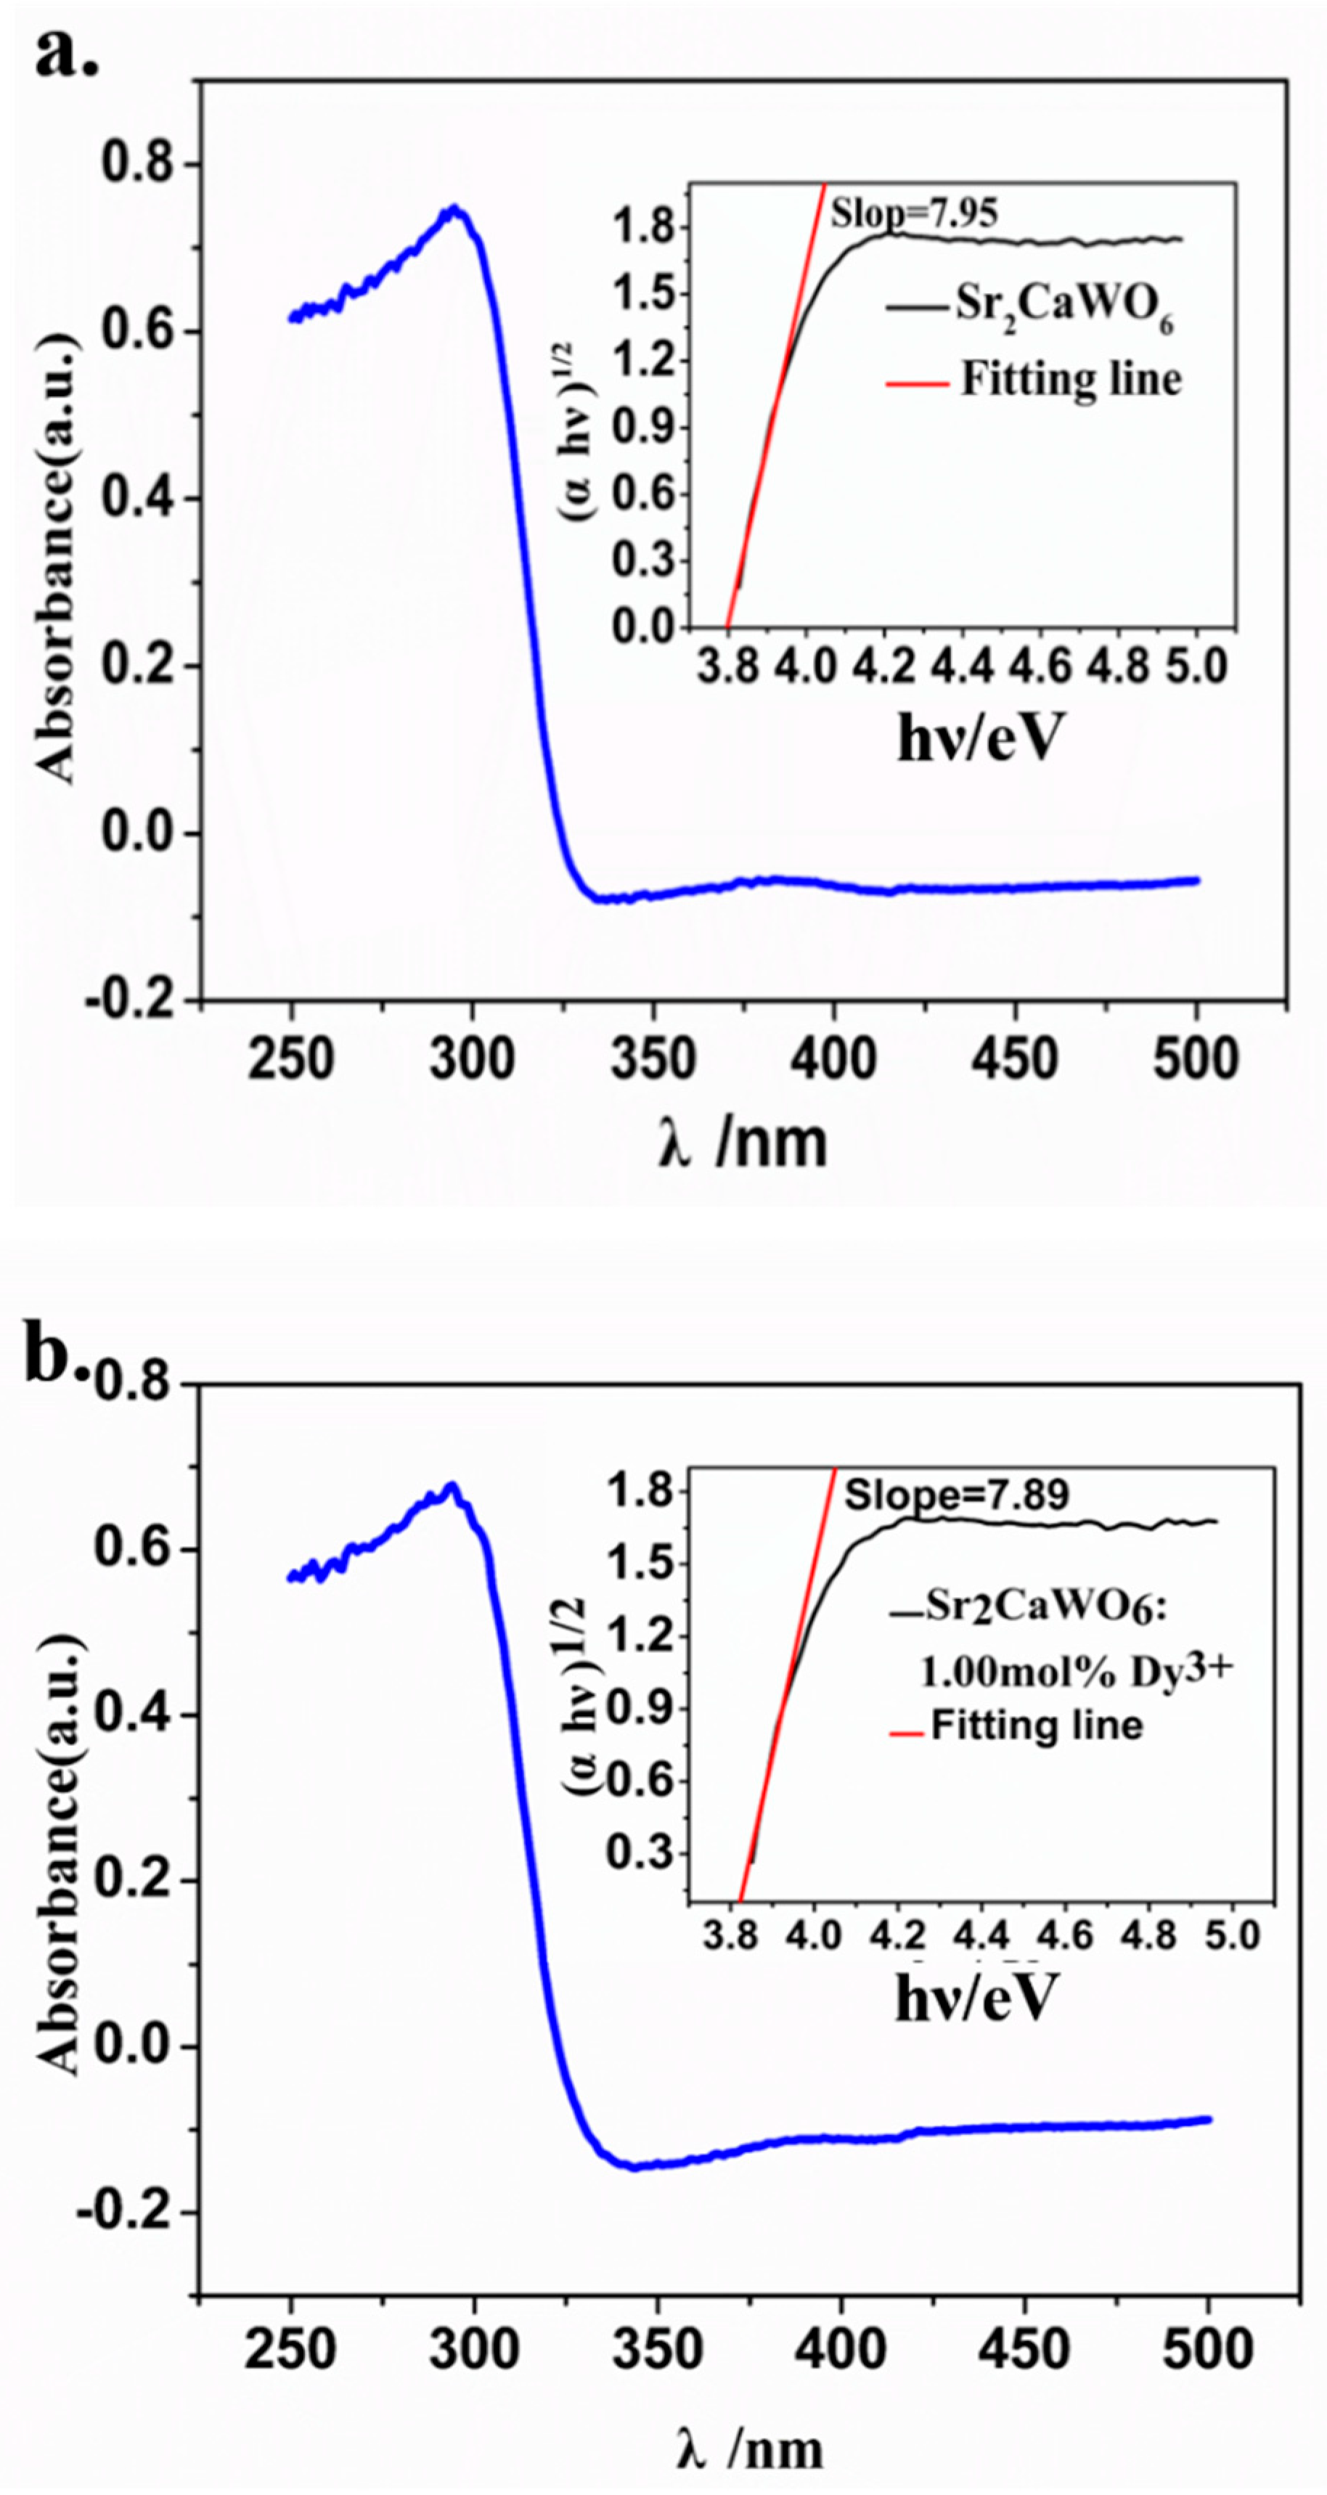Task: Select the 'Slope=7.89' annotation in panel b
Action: [956, 1495]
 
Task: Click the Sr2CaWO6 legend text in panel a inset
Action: [1064, 307]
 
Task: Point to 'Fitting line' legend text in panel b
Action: [1037, 1725]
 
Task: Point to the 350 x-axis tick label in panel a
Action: [653, 1058]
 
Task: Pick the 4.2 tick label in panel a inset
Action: [883, 667]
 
